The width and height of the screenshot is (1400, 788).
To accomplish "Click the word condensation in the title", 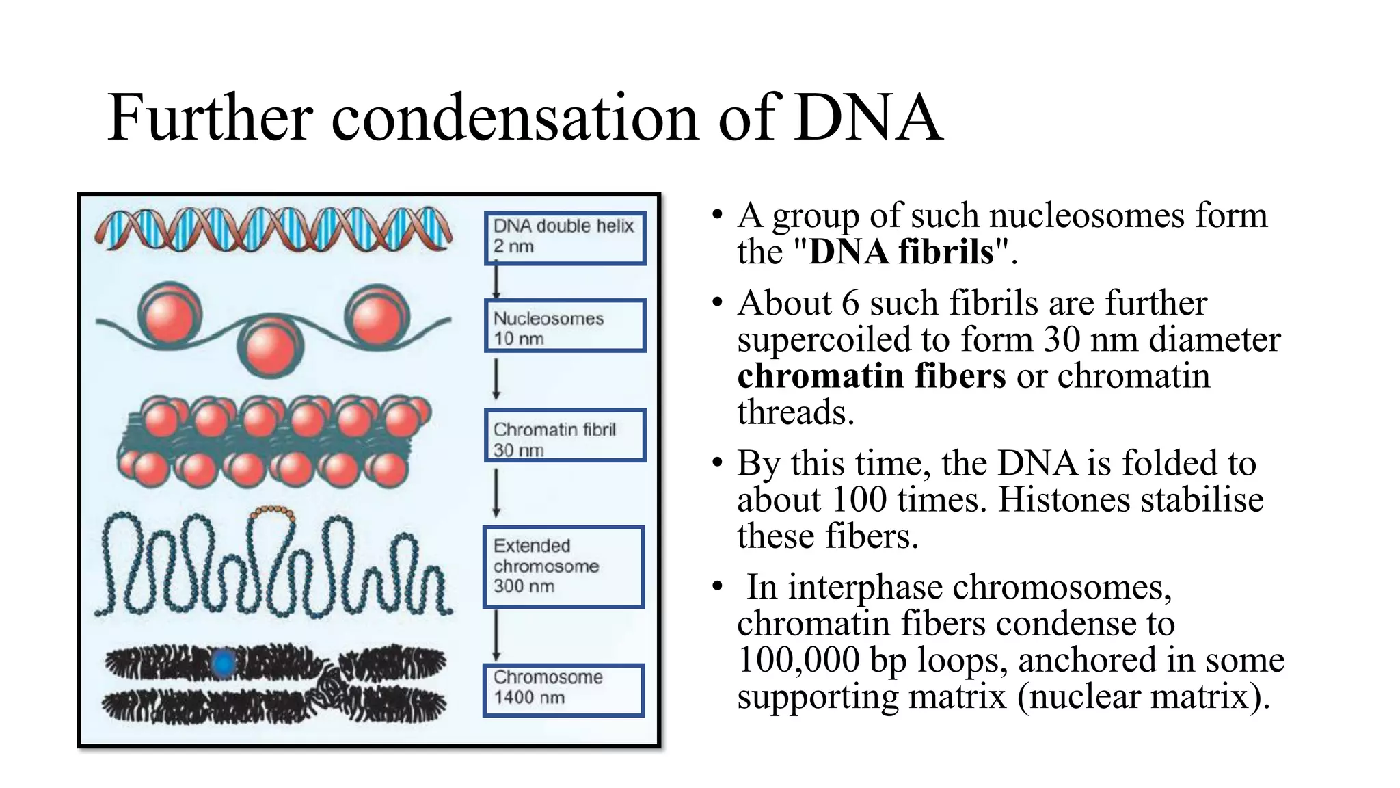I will click(516, 118).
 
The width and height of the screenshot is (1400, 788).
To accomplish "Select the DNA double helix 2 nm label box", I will click(565, 238).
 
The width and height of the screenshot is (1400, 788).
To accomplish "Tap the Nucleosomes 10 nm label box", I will click(565, 326).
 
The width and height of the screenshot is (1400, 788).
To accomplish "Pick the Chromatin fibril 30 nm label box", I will click(565, 436).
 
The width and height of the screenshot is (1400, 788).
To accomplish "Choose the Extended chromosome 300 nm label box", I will click(564, 566).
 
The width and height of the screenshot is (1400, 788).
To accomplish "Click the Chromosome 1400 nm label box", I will click(564, 690).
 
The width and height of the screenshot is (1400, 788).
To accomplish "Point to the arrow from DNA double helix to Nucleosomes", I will click(497, 280).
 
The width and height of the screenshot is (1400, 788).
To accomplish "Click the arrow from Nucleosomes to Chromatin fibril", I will click(497, 380).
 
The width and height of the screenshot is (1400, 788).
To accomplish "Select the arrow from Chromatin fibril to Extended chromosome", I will click(497, 492).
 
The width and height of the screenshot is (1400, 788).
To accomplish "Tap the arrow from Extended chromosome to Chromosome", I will click(497, 635).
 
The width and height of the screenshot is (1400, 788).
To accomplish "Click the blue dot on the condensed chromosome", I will click(223, 662).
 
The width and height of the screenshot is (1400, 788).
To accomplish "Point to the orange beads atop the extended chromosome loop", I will click(272, 512).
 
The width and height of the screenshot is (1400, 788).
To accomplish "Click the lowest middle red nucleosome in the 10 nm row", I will click(271, 347).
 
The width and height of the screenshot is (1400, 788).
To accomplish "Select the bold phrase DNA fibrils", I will click(901, 252).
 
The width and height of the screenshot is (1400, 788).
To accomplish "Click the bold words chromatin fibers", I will click(872, 376).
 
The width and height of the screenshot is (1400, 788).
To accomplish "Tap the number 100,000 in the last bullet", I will click(798, 660).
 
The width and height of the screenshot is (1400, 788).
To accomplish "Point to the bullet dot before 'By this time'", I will click(717, 463).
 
